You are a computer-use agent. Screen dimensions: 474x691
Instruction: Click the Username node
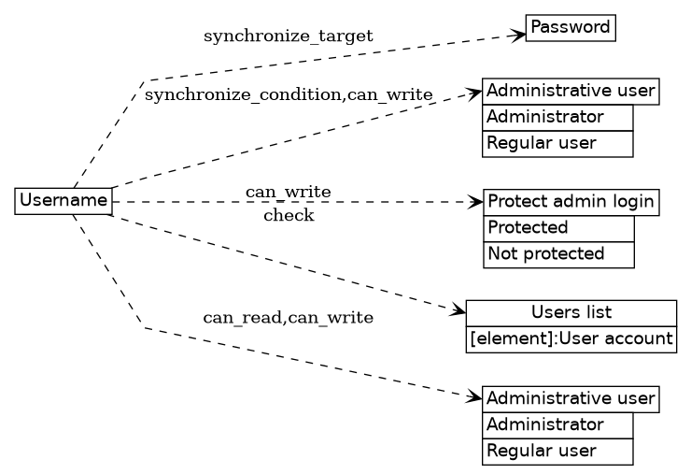pyautogui.click(x=63, y=200)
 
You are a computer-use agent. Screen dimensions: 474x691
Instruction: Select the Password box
pyautogui.click(x=571, y=28)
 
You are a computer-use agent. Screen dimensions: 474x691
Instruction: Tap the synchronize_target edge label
pyautogui.click(x=288, y=36)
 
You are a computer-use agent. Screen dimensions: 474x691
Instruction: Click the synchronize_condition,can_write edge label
pyautogui.click(x=289, y=94)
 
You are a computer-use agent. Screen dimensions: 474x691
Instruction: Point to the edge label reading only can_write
pyautogui.click(x=288, y=192)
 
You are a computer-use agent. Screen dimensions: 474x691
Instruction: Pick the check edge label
pyautogui.click(x=289, y=216)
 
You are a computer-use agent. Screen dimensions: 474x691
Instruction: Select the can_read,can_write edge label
pyautogui.click(x=288, y=318)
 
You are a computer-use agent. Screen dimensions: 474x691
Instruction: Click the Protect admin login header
pyautogui.click(x=571, y=202)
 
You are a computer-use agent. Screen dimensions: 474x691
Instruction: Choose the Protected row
pyautogui.click(x=558, y=228)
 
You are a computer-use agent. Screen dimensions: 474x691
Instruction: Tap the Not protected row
pyautogui.click(x=558, y=254)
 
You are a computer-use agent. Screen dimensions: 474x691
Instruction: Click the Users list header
pyautogui.click(x=571, y=312)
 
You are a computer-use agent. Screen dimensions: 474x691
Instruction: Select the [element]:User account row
pyautogui.click(x=571, y=338)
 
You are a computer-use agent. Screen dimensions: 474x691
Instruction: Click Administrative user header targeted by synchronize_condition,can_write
pyautogui.click(x=571, y=92)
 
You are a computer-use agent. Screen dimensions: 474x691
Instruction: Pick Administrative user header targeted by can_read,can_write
pyautogui.click(x=571, y=399)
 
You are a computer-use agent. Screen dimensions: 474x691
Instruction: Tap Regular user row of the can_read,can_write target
pyautogui.click(x=557, y=452)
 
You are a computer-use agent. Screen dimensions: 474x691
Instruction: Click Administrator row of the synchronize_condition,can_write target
pyautogui.click(x=557, y=118)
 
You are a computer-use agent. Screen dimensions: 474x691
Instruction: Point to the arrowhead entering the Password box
pyautogui.click(x=517, y=36)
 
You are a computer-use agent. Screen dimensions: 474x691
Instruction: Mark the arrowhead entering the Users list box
pyautogui.click(x=458, y=310)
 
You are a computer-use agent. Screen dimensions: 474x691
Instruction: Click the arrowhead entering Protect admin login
pyautogui.click(x=475, y=201)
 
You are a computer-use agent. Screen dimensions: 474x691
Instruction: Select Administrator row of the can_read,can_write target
pyautogui.click(x=557, y=425)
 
